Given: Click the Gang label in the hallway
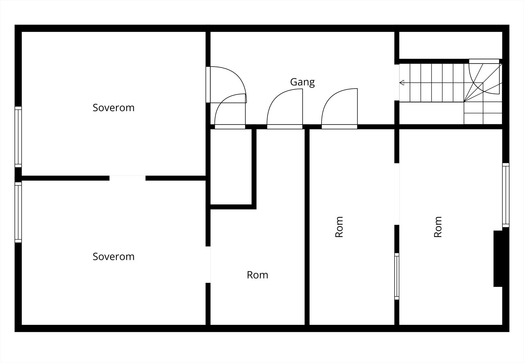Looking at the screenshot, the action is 302,82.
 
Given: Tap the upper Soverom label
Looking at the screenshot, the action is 113,108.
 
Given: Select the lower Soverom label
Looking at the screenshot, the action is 113,257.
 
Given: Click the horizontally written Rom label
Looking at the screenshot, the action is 257,275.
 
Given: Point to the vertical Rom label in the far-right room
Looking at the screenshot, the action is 438,227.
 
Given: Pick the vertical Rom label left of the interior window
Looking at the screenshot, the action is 339,227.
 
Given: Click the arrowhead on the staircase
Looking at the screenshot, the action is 402,83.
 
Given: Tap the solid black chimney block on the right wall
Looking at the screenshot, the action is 498,258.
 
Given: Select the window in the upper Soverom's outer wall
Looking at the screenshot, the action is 18,137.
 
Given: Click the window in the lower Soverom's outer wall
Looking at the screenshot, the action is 18,212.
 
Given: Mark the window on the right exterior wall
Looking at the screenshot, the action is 506,195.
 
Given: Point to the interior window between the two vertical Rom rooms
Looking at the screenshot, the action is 397,276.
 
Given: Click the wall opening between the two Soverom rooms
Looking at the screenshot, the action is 127,178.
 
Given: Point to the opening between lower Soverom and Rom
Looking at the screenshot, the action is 208,265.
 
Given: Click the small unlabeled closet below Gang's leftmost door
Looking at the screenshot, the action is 231,167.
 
